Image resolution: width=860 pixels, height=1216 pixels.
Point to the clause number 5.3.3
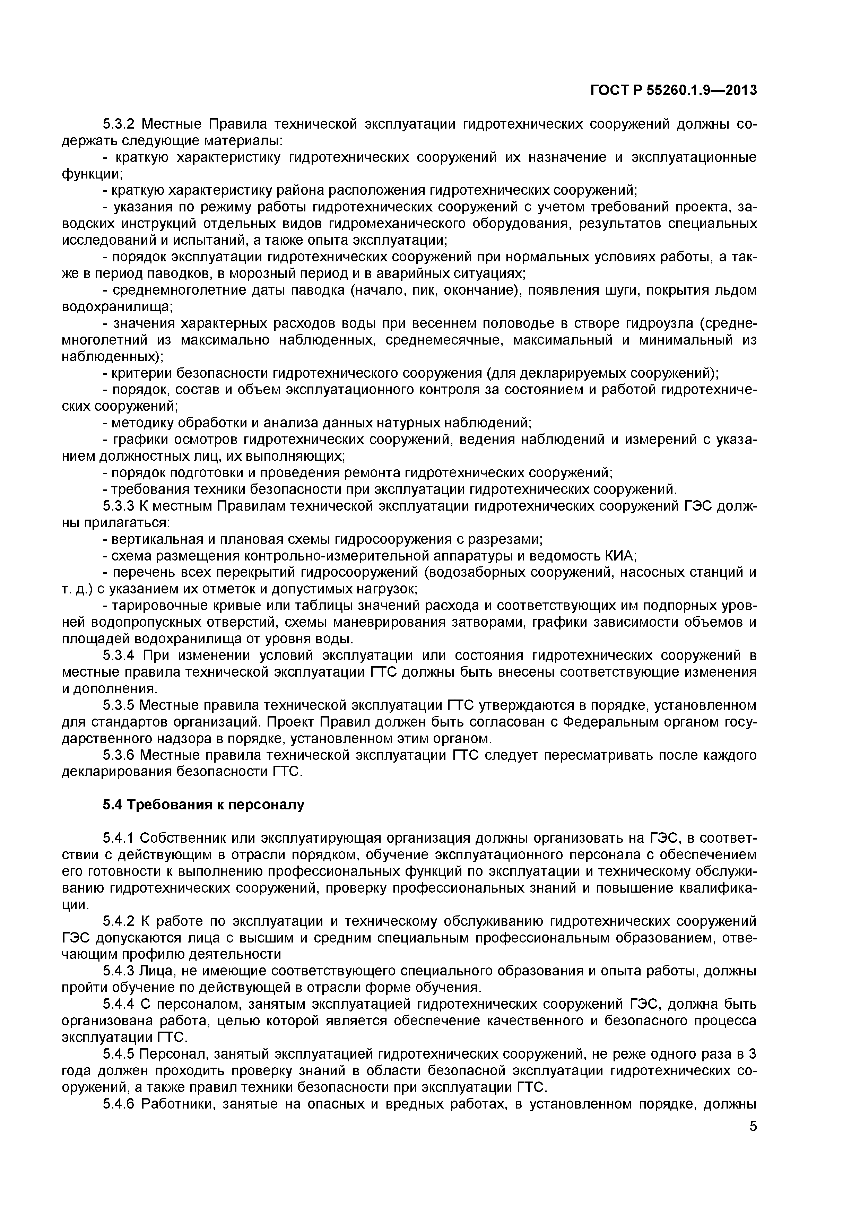point(119,506)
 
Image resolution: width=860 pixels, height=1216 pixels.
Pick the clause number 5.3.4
point(119,656)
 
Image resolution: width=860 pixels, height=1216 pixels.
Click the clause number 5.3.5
point(119,705)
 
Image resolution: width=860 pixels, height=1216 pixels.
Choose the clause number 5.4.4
point(119,1004)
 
